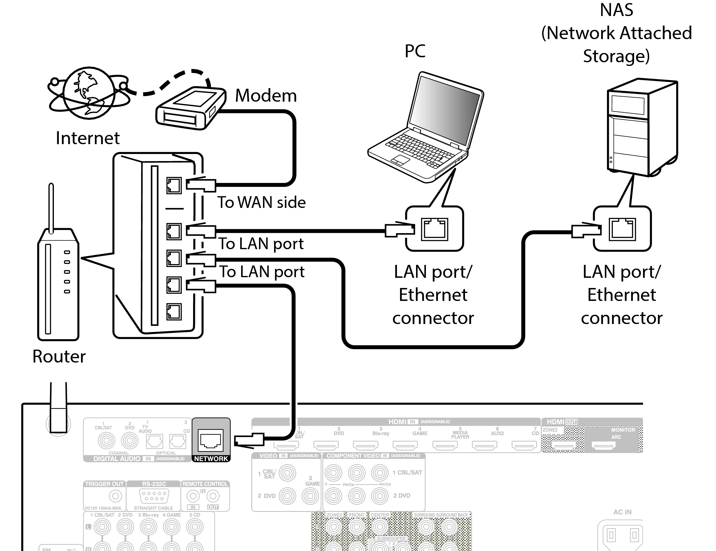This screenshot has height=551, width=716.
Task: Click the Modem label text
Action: [x=265, y=96]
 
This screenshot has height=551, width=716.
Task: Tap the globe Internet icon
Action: [x=88, y=93]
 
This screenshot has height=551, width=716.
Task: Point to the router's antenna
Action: [x=51, y=206]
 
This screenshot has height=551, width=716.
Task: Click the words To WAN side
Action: [x=261, y=202]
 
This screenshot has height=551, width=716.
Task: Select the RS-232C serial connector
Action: [x=154, y=496]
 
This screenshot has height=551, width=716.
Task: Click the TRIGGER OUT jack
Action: [x=115, y=496]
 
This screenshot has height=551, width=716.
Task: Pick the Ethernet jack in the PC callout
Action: [x=435, y=229]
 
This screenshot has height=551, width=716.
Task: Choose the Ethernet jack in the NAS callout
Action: [x=622, y=229]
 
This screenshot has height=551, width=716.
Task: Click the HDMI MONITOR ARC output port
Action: [x=603, y=445]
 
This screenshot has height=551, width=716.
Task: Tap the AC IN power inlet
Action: [x=622, y=535]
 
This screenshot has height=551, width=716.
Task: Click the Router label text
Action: [x=59, y=356]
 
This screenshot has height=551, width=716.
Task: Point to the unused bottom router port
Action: [x=174, y=311]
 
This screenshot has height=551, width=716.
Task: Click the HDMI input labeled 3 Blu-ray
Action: [x=365, y=445]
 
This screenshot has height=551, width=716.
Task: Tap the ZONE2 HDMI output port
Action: [x=563, y=445]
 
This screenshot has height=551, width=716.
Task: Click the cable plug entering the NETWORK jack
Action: [x=249, y=440]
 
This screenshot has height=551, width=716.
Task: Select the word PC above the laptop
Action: [x=415, y=51]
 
